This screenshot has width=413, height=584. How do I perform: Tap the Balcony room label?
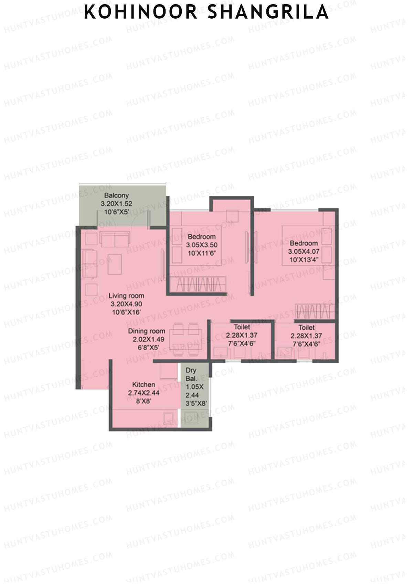[116, 195]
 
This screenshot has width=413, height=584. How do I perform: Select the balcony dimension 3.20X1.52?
[116, 204]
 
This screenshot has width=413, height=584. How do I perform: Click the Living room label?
[126, 296]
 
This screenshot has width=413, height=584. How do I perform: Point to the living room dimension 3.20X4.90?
[126, 304]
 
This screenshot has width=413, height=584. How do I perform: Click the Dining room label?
[147, 331]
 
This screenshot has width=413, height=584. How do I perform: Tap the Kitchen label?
[144, 384]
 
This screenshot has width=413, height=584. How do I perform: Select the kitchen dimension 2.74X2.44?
[144, 393]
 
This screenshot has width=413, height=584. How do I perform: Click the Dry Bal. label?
[191, 374]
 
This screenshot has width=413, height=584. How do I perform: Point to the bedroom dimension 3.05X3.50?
[202, 245]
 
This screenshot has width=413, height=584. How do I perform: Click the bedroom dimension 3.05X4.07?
[304, 252]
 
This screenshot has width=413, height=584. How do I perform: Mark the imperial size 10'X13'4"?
[304, 260]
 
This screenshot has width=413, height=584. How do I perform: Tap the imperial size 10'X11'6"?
[202, 253]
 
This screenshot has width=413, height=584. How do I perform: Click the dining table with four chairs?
[186, 339]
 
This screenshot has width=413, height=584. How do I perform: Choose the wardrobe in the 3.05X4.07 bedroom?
[315, 311]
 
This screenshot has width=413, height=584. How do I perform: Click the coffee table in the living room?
[115, 264]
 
